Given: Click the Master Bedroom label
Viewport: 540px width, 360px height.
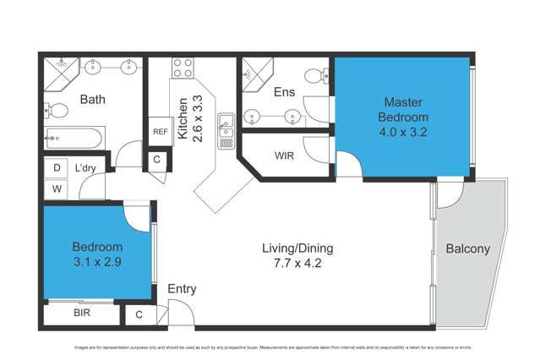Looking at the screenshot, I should coord(402,109).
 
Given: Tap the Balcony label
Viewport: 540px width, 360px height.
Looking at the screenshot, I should coord(466,248).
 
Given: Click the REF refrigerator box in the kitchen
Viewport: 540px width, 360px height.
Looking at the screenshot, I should coord(160,131).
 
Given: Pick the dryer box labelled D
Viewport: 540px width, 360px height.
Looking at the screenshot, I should coord(57,168).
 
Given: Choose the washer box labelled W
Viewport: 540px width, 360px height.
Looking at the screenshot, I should coord(57,188).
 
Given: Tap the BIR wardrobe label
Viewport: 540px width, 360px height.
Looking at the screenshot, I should coord(81,314).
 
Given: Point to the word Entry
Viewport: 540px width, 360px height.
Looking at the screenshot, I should coord(182,289).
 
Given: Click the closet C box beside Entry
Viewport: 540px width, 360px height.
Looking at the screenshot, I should coord(139,315).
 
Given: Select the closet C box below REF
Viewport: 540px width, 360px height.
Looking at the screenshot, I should coord(157,159).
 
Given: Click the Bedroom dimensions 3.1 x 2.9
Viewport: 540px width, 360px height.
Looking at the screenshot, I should coord(97,261).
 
